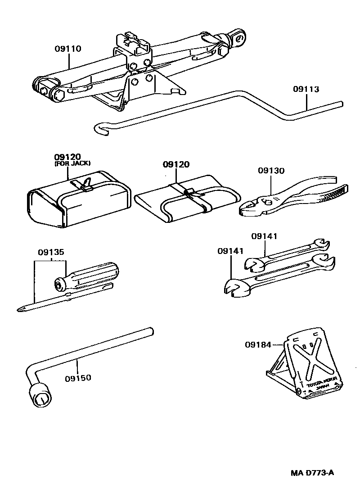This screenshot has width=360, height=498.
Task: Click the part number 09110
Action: tap(68, 48)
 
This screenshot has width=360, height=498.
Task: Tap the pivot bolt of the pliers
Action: tap(269, 202)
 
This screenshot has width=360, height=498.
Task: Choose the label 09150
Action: tap(78, 377)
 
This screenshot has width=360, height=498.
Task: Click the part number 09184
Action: tap(258, 345)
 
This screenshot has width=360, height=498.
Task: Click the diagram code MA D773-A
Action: tap(311, 473)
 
